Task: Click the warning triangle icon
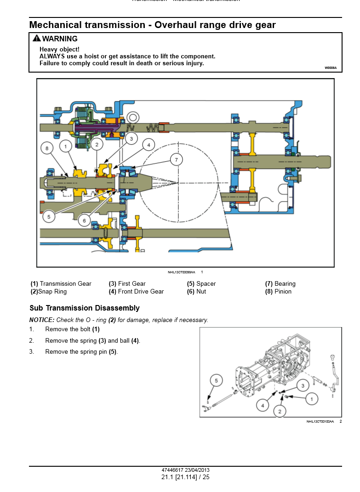click(x=36, y=39)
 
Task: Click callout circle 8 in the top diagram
click(x=47, y=148)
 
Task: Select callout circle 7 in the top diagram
click(x=176, y=160)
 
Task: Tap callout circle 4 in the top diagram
click(x=149, y=145)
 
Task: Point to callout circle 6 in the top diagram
click(x=84, y=221)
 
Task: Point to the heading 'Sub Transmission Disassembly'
click(x=85, y=308)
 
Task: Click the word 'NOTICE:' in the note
click(x=42, y=320)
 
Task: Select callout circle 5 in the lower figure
click(x=216, y=380)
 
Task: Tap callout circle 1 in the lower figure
click(x=311, y=399)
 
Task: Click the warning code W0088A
click(x=331, y=68)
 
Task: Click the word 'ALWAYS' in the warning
click(x=51, y=56)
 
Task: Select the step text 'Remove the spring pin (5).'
click(x=81, y=352)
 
